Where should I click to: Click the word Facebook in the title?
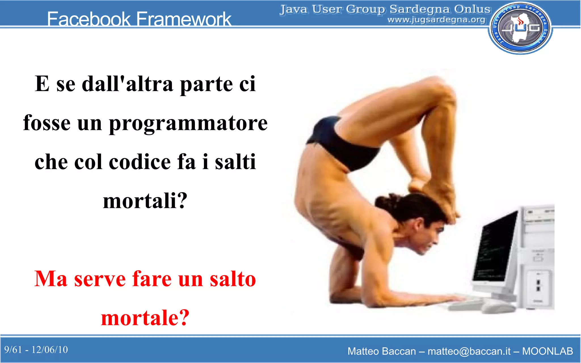click(x=89, y=19)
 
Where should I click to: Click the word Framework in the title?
click(x=184, y=19)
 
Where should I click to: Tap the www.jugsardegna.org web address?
click(x=436, y=20)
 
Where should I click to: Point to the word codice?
click(x=140, y=162)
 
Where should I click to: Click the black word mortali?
click(x=145, y=201)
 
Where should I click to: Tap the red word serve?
click(x=100, y=279)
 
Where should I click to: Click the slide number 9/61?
click(x=13, y=350)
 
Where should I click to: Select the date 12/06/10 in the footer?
click(x=50, y=350)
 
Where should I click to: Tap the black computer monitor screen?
click(x=495, y=247)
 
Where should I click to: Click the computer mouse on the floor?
click(x=498, y=307)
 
